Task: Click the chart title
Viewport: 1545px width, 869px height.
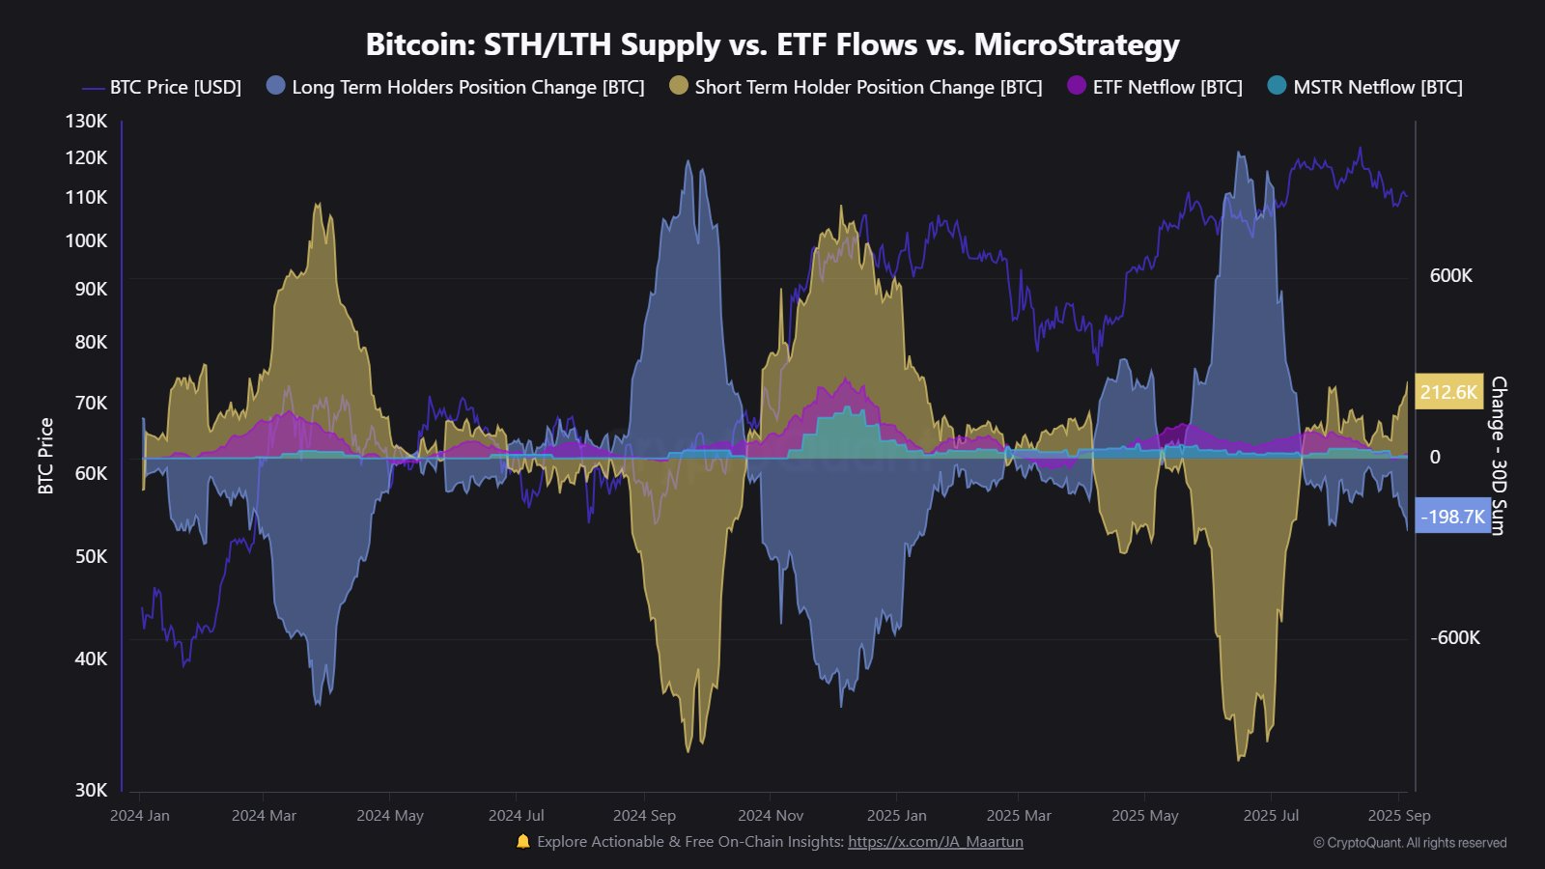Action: [772, 44]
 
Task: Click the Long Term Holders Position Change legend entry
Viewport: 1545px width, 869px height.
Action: [456, 87]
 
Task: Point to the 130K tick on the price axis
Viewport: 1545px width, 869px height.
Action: [86, 121]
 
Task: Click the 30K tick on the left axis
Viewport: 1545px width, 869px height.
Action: [91, 790]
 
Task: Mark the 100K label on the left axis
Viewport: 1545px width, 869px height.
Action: [86, 240]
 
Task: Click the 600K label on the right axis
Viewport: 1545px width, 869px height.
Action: [1450, 276]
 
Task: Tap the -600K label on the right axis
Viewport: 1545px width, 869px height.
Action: [1454, 637]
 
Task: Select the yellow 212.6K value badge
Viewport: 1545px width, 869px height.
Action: [1448, 392]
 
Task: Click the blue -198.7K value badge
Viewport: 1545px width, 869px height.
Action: [1452, 517]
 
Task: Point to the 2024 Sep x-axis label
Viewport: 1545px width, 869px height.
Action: [644, 816]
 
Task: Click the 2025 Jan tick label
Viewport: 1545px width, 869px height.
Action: [896, 816]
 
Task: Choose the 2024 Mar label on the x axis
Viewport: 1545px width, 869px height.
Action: [264, 816]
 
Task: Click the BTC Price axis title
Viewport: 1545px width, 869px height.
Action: [46, 456]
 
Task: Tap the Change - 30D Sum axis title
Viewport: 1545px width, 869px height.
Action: [1499, 456]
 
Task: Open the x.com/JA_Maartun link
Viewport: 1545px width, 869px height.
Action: [935, 842]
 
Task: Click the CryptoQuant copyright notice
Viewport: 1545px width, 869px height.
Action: [1409, 843]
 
